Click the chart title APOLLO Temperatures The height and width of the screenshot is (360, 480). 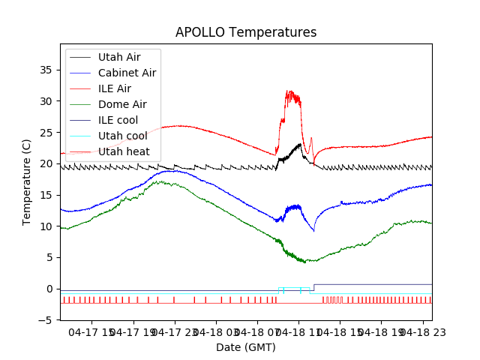(x=246, y=32)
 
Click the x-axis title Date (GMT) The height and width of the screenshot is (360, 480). (x=246, y=347)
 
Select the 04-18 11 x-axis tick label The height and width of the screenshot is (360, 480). (x=298, y=332)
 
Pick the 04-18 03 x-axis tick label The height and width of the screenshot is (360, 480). (x=215, y=332)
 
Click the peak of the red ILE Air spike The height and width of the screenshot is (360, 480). (x=289, y=91)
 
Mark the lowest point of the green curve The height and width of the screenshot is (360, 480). (x=304, y=262)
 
